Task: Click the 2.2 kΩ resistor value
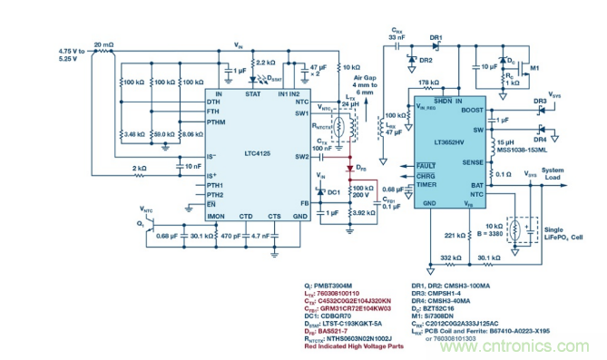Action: pos(265,63)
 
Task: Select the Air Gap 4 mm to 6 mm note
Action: pos(358,85)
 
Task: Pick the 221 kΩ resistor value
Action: pos(455,236)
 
